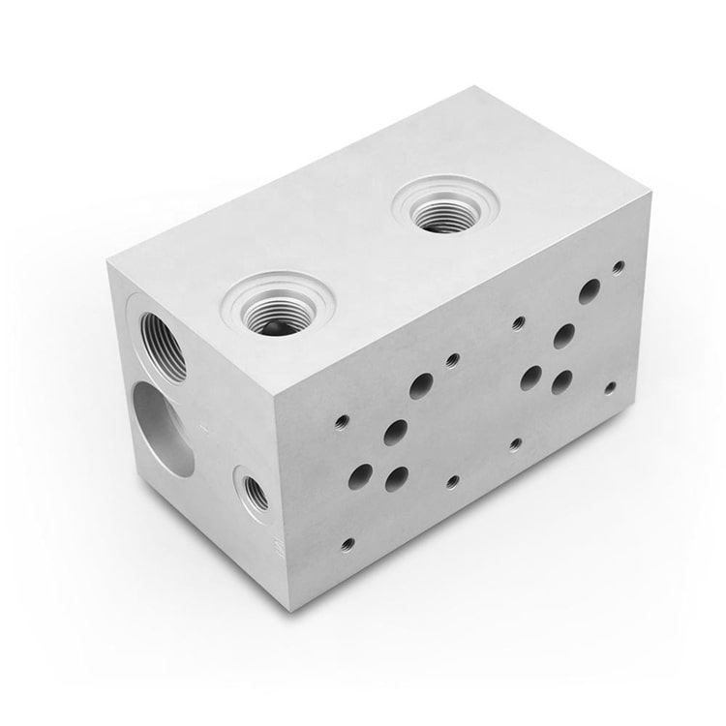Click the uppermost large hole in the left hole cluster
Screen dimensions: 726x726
[421, 386]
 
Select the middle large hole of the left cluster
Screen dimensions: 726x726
[395, 432]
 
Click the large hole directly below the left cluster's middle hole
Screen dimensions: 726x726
[397, 478]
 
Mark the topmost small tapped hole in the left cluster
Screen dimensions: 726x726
[452, 360]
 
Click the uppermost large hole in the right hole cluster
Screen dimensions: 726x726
[590, 291]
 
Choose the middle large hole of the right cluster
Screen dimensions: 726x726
[563, 336]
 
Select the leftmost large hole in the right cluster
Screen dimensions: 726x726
[530, 378]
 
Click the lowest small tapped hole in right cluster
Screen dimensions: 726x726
[516, 443]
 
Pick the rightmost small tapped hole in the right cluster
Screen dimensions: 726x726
[610, 387]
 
